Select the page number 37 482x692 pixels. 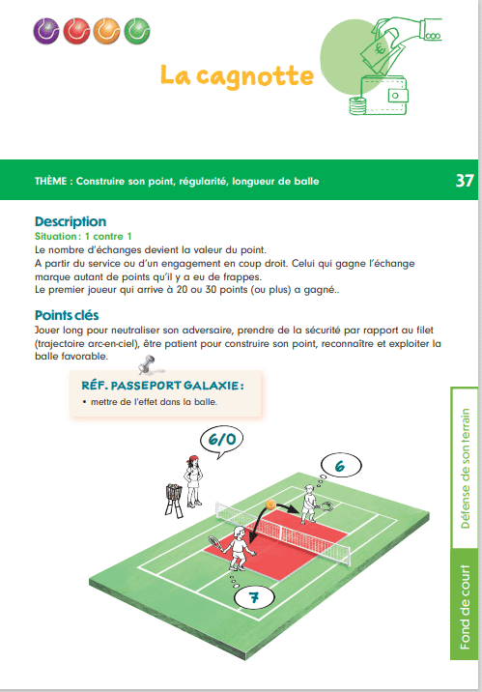[464, 181]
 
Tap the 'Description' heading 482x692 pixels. [71, 221]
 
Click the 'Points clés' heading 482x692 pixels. [67, 315]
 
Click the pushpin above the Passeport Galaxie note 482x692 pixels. [148, 365]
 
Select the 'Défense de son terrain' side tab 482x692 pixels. [466, 468]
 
